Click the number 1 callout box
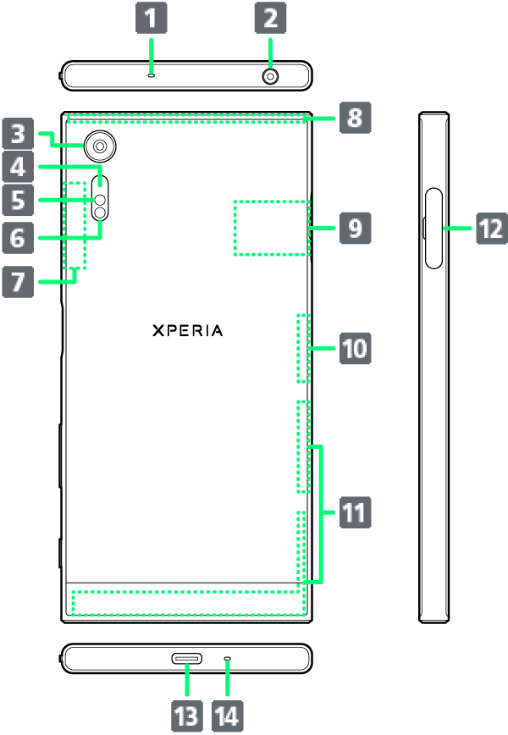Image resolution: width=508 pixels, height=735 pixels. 152,17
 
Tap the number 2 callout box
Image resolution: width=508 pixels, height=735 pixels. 270,17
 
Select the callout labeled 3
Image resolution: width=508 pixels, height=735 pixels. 18,134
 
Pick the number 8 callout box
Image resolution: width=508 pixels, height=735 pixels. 355,118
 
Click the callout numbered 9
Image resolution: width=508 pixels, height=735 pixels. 355,228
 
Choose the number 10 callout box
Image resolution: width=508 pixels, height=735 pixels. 355,347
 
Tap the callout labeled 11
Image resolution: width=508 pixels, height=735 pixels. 355,512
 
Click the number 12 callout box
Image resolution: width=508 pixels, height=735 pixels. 490,228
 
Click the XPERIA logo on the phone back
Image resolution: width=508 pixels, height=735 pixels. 188,330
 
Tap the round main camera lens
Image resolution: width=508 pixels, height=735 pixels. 101,146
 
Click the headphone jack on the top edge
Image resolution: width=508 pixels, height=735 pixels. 270,76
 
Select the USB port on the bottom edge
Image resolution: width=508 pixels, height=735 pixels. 187,659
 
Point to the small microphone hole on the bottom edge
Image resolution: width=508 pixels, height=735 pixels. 226,659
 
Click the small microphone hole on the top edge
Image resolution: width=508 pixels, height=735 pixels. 152,75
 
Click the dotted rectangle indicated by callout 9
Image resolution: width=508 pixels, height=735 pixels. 271,228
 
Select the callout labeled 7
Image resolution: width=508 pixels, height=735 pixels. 18,281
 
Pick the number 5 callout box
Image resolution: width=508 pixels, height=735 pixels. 18,201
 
